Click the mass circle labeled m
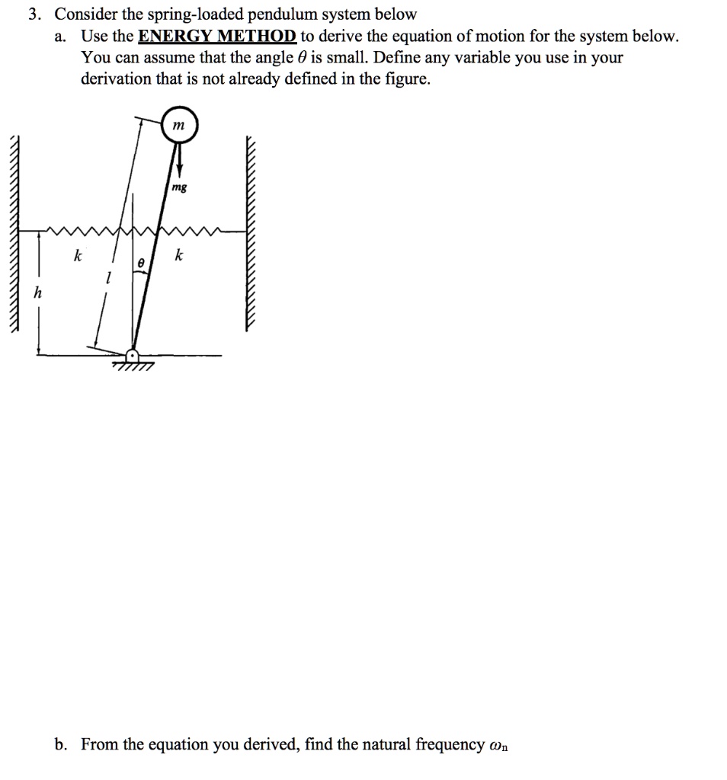pos(179,126)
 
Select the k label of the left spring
pos(77,256)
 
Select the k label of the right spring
pos(178,256)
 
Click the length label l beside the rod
pos(108,280)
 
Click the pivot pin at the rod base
pos(133,356)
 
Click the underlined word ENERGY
pos(167,36)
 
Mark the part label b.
pos(62,743)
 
